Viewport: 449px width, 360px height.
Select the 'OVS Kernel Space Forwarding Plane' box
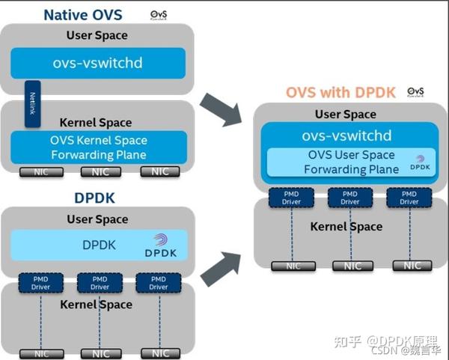pyautogui.click(x=98, y=147)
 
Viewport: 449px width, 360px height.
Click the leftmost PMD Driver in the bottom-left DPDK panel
pyautogui.click(x=40, y=282)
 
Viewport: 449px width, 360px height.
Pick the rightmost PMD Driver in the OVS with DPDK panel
pyautogui.click(x=409, y=197)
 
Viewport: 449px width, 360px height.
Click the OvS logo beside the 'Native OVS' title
pyautogui.click(x=159, y=14)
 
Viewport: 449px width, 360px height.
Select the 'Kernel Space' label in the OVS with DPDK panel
pyautogui.click(x=346, y=226)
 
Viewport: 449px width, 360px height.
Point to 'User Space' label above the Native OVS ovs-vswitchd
pyautogui.click(x=97, y=35)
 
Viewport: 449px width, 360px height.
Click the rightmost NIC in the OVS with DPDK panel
pyautogui.click(x=412, y=265)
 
